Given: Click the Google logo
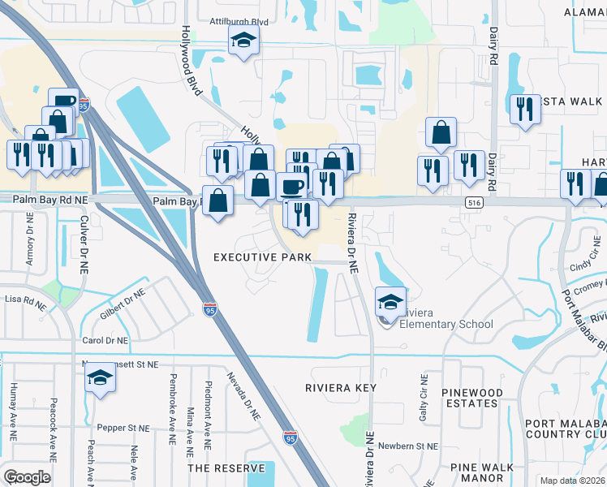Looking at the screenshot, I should [x=27, y=477].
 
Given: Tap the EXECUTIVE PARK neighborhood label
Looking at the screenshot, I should [x=262, y=257].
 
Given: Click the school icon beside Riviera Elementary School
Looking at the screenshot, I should [x=390, y=302].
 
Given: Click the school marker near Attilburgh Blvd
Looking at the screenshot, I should [x=243, y=41].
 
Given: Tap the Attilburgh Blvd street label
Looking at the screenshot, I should [x=239, y=22].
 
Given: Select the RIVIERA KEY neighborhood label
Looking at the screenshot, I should [x=341, y=388].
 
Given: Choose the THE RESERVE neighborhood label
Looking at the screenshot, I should [x=226, y=468].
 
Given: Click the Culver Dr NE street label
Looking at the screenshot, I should [x=83, y=246].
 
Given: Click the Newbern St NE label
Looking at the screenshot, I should [x=407, y=446].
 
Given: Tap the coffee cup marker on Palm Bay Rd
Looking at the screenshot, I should [x=292, y=187].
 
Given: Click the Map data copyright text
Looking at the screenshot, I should [x=572, y=481].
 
